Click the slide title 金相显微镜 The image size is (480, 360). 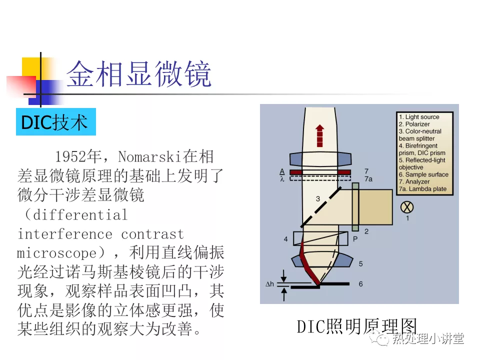138,73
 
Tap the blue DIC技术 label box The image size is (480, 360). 56,122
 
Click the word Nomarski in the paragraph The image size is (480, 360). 150,156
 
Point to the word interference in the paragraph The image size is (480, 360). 65,234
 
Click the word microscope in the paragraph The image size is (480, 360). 61,253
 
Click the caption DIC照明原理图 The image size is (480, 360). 357,326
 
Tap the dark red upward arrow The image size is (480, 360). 319,135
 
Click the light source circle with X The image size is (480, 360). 407,207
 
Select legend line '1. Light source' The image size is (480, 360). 419,117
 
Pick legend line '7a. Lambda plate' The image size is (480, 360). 422,189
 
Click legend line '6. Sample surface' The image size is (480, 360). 423,174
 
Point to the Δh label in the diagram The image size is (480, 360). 269,284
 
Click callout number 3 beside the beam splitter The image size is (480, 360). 318,199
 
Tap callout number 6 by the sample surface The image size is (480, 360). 360,284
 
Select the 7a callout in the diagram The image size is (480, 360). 368,179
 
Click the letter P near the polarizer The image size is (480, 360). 355,239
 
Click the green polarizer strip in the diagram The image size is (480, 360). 355,207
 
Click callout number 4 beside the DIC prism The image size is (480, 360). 285,239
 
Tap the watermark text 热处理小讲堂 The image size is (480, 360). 428,338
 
